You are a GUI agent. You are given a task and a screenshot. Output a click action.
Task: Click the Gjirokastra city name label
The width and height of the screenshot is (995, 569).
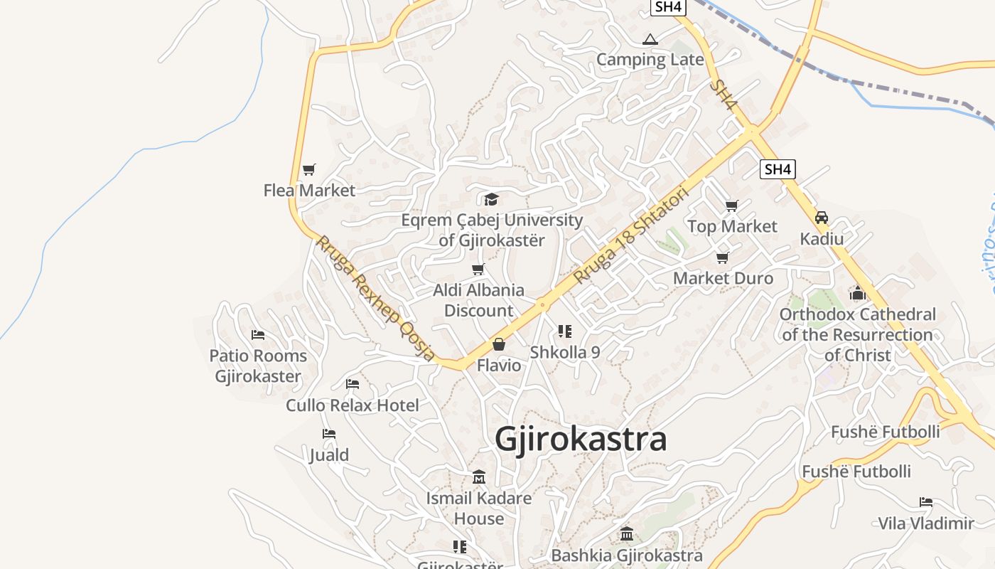click(581, 439)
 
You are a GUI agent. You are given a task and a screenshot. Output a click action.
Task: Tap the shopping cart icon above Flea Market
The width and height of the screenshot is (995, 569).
click(308, 170)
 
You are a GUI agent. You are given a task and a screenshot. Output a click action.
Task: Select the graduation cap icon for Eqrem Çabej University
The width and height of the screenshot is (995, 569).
click(491, 199)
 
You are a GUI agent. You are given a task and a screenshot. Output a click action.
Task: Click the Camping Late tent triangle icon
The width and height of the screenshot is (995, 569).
click(650, 39)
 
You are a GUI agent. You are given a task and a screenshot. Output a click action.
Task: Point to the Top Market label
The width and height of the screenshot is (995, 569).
click(732, 226)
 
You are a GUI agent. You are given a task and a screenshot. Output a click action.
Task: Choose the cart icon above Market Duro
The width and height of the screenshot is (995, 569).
click(723, 257)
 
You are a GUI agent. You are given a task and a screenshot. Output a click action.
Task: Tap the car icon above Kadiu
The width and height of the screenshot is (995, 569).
click(822, 218)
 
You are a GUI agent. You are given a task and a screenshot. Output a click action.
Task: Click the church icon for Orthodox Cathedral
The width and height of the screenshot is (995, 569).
click(857, 293)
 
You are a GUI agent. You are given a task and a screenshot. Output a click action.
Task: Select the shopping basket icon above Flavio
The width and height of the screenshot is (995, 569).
click(499, 345)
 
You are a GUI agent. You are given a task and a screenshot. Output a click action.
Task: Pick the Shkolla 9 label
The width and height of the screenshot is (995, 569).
click(565, 352)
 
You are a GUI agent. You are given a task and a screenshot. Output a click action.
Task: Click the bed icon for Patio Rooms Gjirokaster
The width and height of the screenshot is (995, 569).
click(258, 334)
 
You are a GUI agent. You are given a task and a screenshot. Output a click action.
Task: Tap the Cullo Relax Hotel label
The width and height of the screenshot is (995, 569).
click(353, 405)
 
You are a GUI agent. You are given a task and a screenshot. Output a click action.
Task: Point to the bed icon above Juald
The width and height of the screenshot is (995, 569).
click(328, 434)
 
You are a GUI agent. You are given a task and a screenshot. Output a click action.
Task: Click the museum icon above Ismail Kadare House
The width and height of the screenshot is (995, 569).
click(479, 477)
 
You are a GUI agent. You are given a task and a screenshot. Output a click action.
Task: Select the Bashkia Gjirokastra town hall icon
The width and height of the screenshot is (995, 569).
click(626, 534)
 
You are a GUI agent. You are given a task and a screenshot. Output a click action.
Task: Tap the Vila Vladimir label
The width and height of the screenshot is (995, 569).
click(926, 523)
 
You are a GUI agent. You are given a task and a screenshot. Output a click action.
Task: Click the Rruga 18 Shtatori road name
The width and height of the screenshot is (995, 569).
click(632, 235)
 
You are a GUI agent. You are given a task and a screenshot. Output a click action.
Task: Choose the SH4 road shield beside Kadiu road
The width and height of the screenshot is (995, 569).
click(778, 169)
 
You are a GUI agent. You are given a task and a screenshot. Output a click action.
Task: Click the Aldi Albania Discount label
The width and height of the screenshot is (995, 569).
click(478, 300)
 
